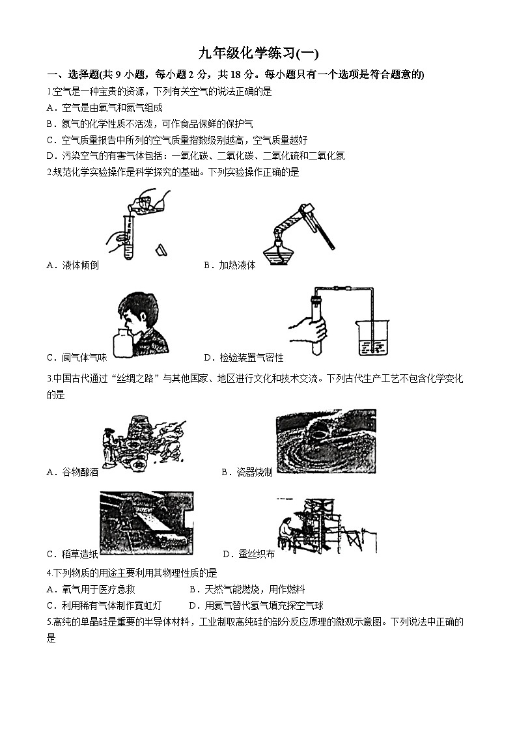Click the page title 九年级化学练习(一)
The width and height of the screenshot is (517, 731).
click(x=258, y=54)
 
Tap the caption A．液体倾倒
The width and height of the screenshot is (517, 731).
click(x=73, y=265)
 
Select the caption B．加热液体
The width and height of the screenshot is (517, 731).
click(x=229, y=265)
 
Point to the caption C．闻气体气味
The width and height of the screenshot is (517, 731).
click(x=77, y=357)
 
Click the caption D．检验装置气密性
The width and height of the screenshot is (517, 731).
click(x=244, y=357)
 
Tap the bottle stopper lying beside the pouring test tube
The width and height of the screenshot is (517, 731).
click(x=161, y=249)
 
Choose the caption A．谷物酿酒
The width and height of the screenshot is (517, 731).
click(x=73, y=473)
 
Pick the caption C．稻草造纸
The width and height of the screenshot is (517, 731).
click(x=73, y=554)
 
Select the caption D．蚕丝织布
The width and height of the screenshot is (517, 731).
click(x=248, y=554)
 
